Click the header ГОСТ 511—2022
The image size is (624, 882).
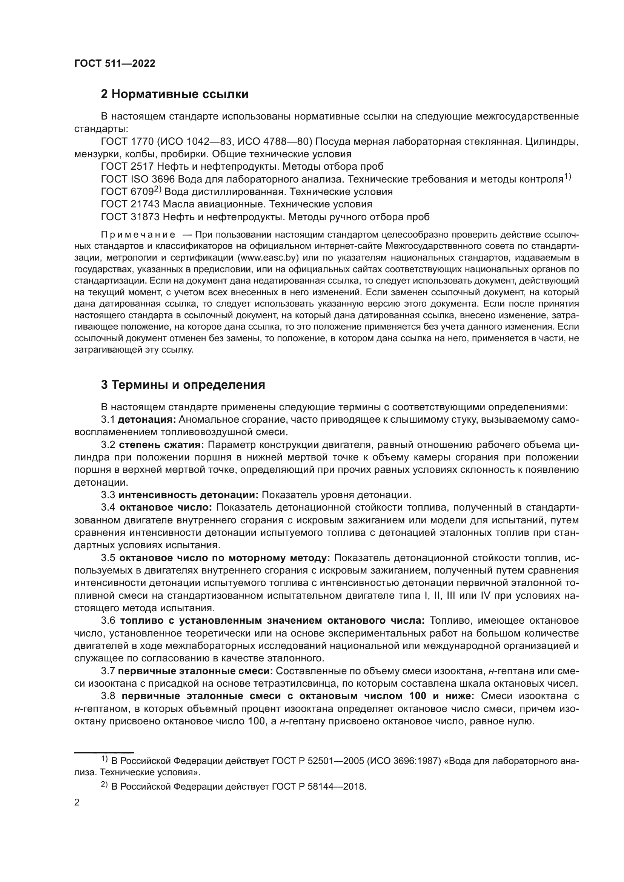tap(115, 64)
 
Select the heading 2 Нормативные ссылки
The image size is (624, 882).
tap(174, 94)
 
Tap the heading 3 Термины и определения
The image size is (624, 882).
tap(183, 385)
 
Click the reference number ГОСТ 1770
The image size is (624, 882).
tap(127, 142)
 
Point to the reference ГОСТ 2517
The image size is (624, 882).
tap(127, 167)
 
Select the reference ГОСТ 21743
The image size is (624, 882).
tap(130, 204)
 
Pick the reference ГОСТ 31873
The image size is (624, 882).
tap(130, 217)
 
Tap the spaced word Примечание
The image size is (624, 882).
tap(138, 235)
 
